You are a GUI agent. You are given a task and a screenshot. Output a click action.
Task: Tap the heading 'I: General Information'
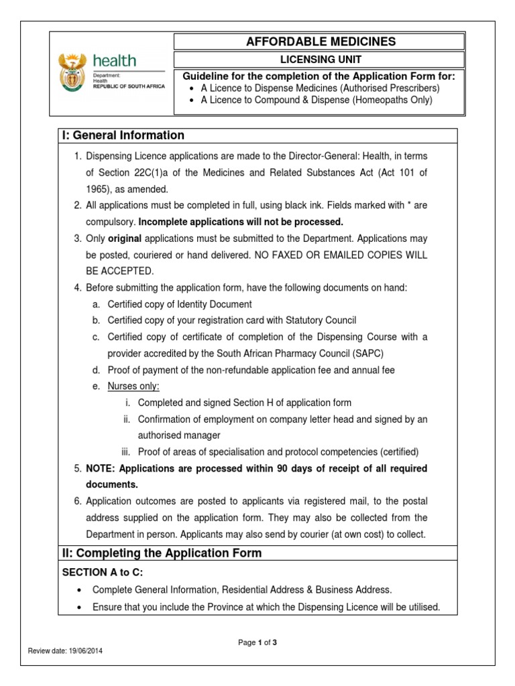click(123, 135)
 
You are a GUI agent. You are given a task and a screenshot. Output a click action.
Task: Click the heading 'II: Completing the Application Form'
click(162, 553)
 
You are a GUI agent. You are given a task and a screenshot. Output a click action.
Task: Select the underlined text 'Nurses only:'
click(133, 387)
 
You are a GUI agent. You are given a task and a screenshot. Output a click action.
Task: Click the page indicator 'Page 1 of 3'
click(257, 643)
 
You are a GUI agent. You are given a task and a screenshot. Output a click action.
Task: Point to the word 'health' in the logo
click(114, 61)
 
